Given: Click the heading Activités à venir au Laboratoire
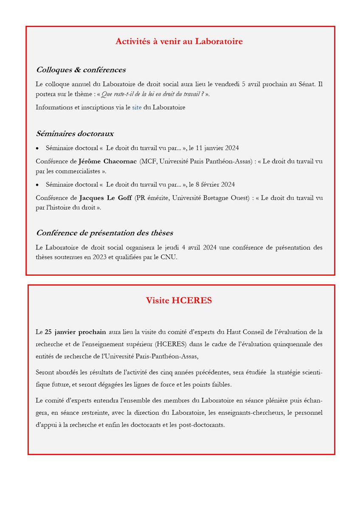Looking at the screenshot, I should pos(179,42).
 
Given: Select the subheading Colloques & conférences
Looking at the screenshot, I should pos(81,70).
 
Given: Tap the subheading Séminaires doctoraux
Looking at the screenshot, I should pos(75,134).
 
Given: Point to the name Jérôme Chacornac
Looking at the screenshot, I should pos(108,162).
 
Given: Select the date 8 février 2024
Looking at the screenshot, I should pos(215,185).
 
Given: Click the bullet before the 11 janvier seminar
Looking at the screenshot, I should pos(37,148).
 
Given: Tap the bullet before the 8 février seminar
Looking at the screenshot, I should pos(37,185).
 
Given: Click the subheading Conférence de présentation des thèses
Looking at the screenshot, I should pos(104,233).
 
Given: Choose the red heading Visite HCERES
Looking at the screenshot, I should pos(179,300).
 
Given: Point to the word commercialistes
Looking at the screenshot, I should pos(80,171).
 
